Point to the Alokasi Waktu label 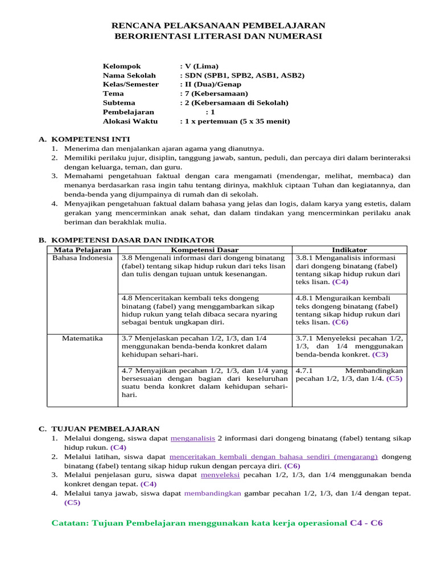(130, 121)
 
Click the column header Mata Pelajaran (82, 250)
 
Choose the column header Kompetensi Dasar (205, 250)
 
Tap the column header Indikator (349, 250)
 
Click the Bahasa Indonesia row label (83, 258)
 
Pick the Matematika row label (83, 338)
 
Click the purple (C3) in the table (380, 355)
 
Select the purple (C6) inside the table (340, 322)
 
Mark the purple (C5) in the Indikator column (394, 379)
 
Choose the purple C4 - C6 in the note (370, 523)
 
